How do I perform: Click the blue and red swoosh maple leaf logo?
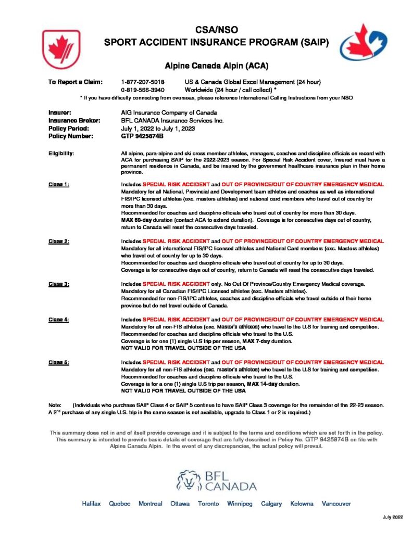pyautogui.click(x=356, y=42)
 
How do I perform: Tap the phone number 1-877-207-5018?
pyautogui.click(x=142, y=82)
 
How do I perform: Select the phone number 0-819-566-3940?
pyautogui.click(x=142, y=90)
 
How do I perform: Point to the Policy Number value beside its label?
pyautogui.click(x=142, y=136)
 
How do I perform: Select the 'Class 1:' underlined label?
pyautogui.click(x=59, y=184)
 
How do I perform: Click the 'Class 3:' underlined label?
pyautogui.click(x=59, y=284)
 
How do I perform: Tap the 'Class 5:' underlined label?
pyautogui.click(x=59, y=362)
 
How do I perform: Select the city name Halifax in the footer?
pyautogui.click(x=91, y=504)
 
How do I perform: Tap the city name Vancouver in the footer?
pyautogui.click(x=336, y=504)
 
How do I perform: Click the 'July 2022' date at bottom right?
pyautogui.click(x=393, y=517)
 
